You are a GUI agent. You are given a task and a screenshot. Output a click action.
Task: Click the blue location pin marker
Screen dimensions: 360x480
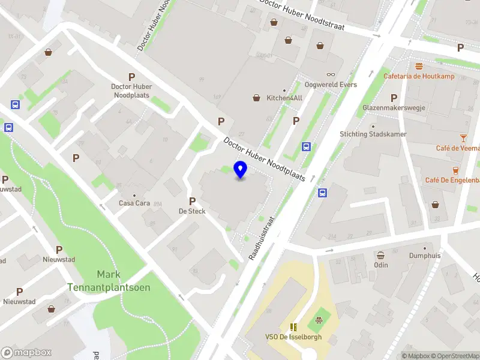click(x=241, y=170)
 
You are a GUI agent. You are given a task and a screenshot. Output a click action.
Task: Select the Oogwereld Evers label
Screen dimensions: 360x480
click(x=331, y=85)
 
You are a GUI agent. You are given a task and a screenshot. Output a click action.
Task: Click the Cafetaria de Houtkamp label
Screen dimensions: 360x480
click(x=419, y=76)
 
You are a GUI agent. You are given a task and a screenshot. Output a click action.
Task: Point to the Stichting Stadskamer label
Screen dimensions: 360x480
click(x=373, y=134)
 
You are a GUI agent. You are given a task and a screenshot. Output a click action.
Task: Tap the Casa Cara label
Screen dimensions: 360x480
click(x=134, y=203)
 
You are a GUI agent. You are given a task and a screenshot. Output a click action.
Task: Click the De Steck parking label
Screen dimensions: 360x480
click(x=192, y=211)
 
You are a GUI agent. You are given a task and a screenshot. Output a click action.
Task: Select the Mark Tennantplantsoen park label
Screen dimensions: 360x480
click(x=109, y=281)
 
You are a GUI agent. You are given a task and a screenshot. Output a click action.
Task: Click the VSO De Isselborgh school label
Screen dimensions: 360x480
click(x=294, y=337)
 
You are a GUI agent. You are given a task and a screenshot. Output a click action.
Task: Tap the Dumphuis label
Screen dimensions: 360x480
click(x=425, y=255)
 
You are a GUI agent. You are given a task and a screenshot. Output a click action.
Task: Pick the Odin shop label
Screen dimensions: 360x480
click(x=380, y=265)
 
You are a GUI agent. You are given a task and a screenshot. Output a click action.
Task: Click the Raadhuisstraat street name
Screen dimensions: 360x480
click(x=262, y=238)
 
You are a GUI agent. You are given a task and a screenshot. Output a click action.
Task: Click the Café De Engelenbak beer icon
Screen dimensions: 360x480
click(x=455, y=170)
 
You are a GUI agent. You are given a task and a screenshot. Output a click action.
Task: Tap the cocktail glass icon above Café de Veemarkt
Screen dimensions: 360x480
click(x=463, y=138)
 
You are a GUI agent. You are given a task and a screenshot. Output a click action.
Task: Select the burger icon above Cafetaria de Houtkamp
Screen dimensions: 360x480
click(x=419, y=66)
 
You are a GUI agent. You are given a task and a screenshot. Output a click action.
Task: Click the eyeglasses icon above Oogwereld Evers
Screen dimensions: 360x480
click(x=331, y=74)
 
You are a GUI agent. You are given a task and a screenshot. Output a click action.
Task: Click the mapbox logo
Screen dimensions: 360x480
click(x=26, y=353)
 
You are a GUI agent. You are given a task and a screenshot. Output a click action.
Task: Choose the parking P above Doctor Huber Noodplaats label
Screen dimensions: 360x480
click(x=131, y=77)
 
